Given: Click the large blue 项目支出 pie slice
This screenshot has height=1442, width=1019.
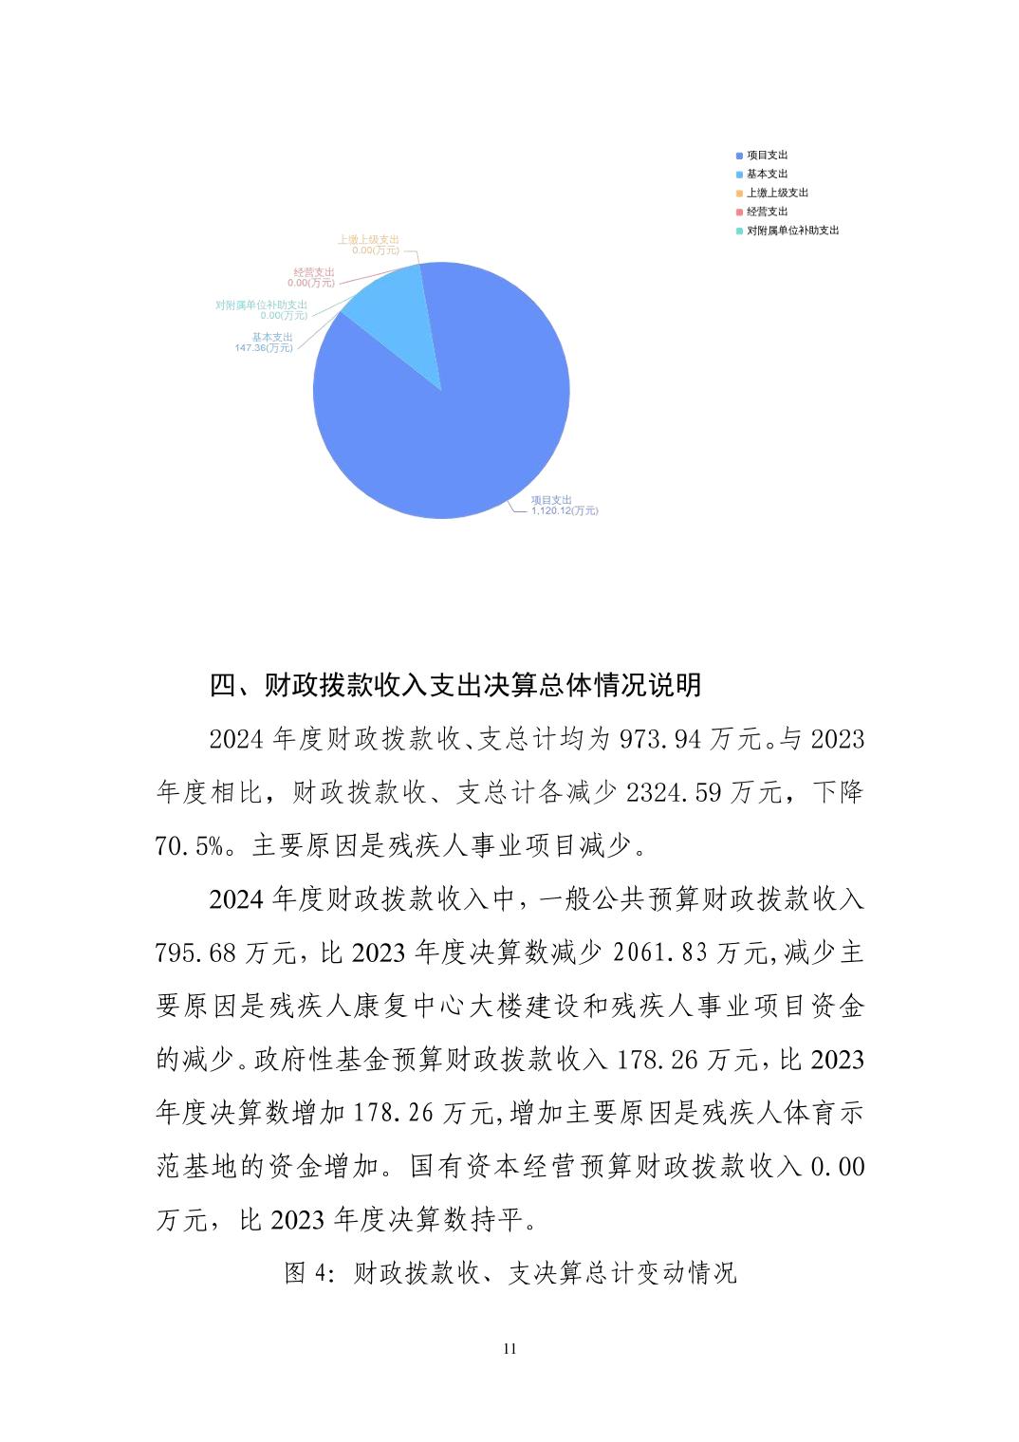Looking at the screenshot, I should pyautogui.click(x=455, y=427).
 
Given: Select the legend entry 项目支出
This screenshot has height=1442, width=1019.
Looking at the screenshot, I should pyautogui.click(x=767, y=155).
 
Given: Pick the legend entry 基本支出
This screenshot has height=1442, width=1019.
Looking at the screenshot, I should pyautogui.click(x=767, y=174).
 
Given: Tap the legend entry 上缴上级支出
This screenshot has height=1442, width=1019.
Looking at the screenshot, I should pyautogui.click(x=777, y=193).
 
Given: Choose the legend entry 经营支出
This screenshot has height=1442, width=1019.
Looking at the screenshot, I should pyautogui.click(x=767, y=212).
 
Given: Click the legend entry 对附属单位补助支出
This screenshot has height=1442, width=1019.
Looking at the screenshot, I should pyautogui.click(x=792, y=231).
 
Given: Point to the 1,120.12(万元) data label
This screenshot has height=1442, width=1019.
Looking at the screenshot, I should pyautogui.click(x=565, y=511).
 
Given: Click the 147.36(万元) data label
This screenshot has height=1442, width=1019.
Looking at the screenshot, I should pyautogui.click(x=264, y=348).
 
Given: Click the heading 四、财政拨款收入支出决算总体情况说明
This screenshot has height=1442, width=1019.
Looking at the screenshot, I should pyautogui.click(x=455, y=685).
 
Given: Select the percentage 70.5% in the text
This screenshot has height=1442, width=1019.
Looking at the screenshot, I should pyautogui.click(x=189, y=846).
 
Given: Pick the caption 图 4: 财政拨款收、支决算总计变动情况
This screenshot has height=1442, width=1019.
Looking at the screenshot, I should pyautogui.click(x=510, y=1273).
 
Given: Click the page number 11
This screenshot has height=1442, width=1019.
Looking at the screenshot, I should pyautogui.click(x=509, y=1349).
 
